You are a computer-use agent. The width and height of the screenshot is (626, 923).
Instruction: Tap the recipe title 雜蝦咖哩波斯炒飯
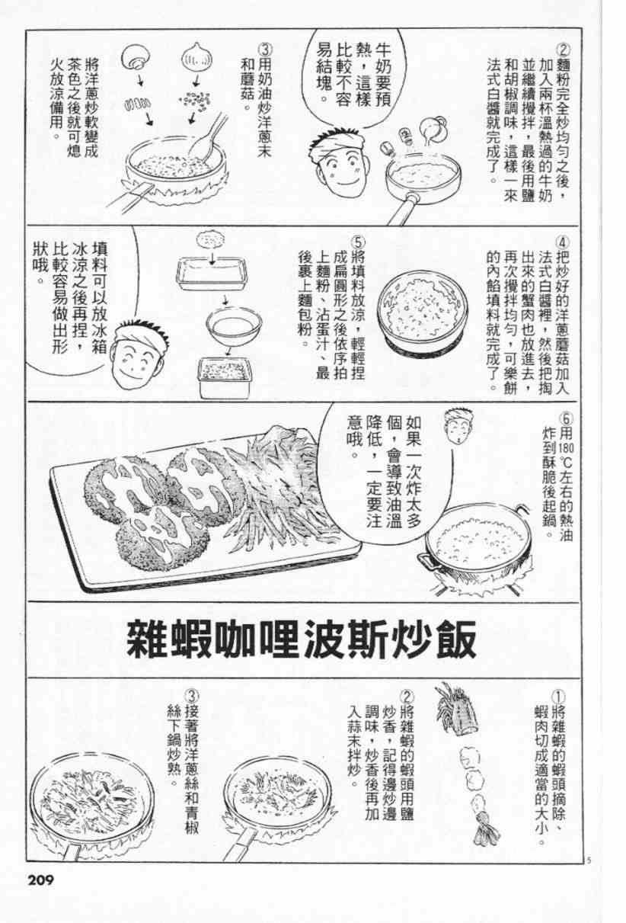(301, 639)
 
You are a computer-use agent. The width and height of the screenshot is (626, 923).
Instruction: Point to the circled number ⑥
(566, 418)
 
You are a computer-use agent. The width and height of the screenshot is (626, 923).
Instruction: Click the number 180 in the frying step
(567, 447)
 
